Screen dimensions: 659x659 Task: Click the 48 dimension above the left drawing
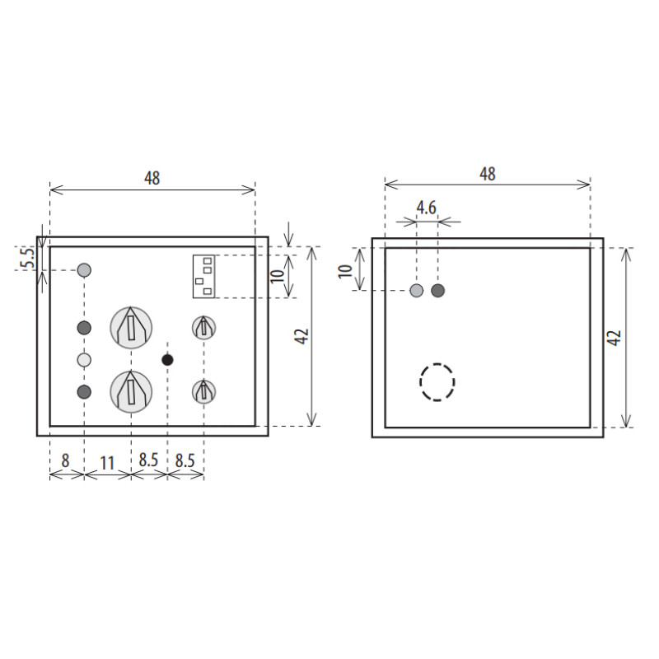point(152,178)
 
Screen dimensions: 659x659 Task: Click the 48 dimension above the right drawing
point(488,174)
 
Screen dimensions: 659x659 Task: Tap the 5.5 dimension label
point(28,259)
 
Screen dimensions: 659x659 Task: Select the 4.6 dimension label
point(427,208)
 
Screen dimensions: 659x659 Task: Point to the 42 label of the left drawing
point(302,336)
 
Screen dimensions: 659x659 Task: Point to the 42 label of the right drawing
point(614,338)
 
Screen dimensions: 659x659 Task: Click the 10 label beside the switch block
point(278,276)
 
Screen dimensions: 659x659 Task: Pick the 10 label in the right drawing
point(345,271)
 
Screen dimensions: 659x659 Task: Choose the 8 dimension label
point(65,460)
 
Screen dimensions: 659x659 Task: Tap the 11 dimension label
point(107,463)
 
